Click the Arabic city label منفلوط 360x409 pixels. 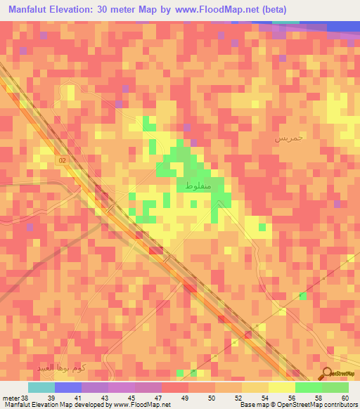[200, 184]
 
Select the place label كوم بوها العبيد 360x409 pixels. [63, 368]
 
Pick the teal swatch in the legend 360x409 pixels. [41, 387]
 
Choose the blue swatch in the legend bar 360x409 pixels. [68, 387]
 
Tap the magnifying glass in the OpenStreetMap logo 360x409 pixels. [327, 374]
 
